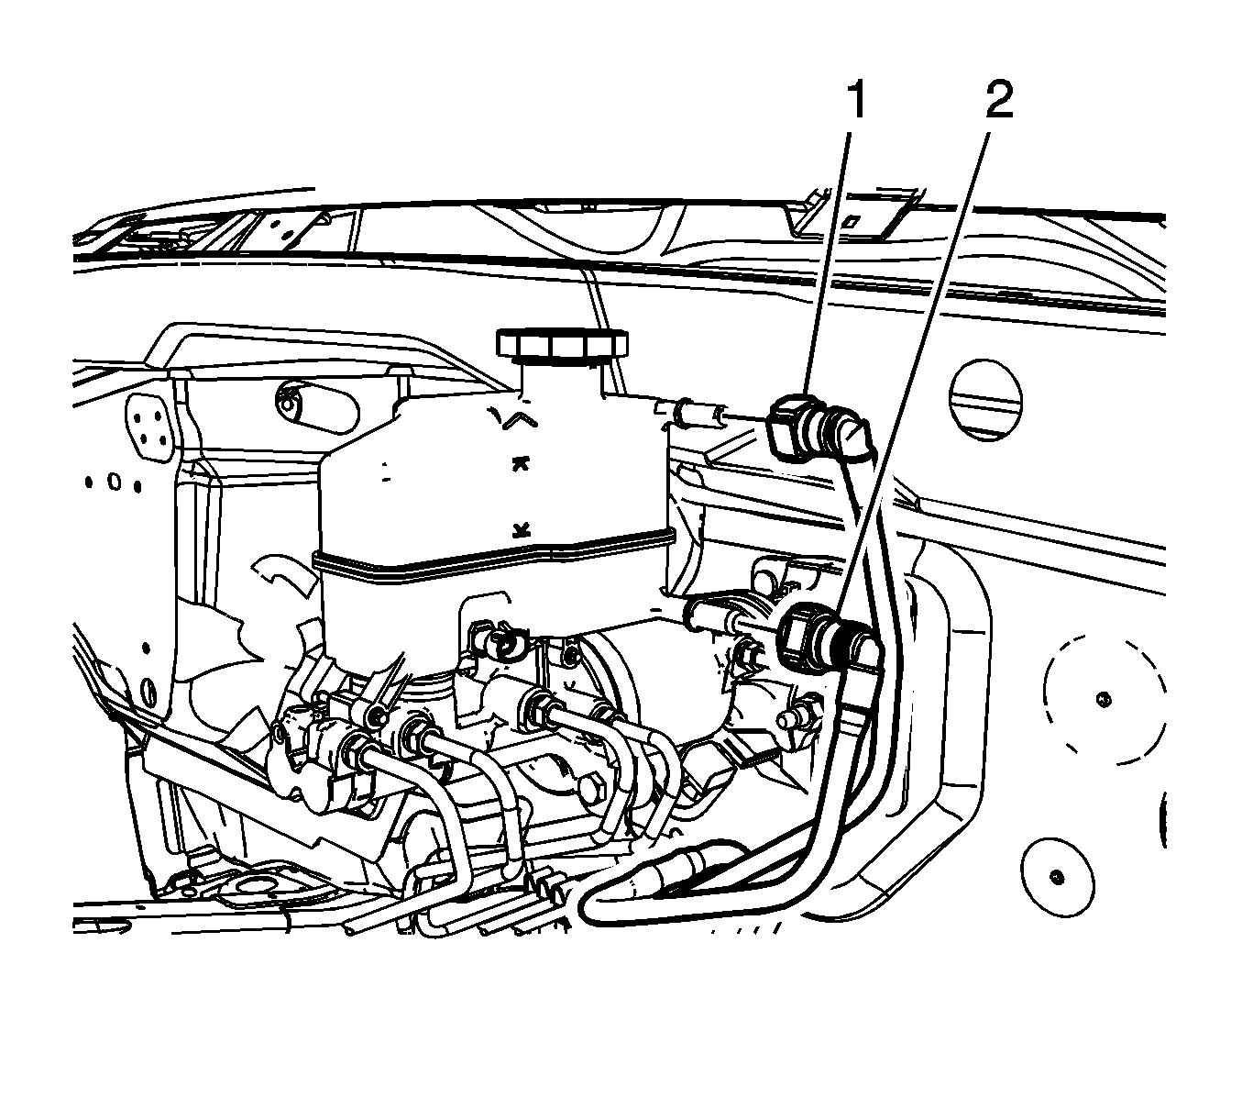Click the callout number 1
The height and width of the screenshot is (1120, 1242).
click(858, 101)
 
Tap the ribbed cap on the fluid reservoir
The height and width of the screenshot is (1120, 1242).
click(562, 343)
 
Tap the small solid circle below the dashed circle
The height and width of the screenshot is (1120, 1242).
click(1058, 878)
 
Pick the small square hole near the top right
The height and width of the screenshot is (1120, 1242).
click(852, 221)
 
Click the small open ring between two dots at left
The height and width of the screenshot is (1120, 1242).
click(114, 482)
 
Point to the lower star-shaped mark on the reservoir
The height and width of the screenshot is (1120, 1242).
click(521, 529)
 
